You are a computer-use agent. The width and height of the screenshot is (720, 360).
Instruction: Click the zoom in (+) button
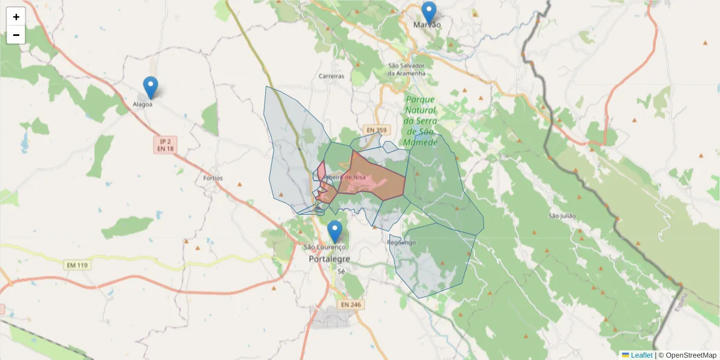[16, 17]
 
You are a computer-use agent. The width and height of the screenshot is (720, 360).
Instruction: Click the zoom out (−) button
[16, 35]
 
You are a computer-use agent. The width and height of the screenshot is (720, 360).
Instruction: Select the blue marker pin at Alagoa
[151, 88]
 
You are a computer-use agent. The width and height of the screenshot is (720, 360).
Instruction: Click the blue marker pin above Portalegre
[334, 232]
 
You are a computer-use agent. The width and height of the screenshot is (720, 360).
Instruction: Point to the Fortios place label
[213, 178]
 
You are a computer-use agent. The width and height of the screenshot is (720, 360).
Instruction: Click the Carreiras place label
[332, 77]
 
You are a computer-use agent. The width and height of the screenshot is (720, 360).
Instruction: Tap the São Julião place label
[562, 215]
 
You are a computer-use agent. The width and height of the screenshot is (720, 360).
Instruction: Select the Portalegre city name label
[329, 259]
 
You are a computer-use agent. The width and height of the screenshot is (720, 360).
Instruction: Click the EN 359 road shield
[377, 130]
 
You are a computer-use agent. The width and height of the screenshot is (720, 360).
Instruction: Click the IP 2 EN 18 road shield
[166, 144]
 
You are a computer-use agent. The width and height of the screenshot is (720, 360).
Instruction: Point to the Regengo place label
[401, 242]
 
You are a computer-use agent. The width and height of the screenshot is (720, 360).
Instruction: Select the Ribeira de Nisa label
[344, 177]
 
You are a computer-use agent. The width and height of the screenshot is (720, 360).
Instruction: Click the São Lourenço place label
[325, 247]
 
